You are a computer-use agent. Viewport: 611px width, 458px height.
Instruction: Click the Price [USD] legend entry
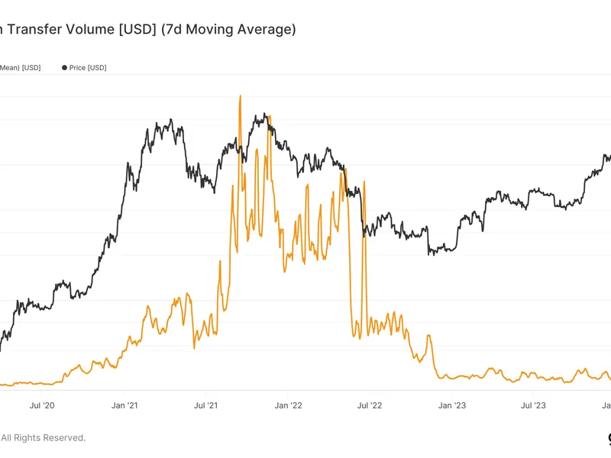click(x=87, y=68)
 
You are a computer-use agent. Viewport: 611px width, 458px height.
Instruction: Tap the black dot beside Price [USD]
click(x=64, y=68)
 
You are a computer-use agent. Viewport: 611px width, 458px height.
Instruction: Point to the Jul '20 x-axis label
click(x=41, y=405)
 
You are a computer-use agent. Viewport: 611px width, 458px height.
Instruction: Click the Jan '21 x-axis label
click(x=124, y=405)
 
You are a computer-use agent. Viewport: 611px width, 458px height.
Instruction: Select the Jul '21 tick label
click(x=205, y=405)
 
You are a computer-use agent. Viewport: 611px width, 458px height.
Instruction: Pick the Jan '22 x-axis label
click(x=288, y=405)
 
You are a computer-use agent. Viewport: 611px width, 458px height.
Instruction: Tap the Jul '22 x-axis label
click(x=369, y=405)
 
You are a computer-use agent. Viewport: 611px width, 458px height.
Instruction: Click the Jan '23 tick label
click(x=452, y=405)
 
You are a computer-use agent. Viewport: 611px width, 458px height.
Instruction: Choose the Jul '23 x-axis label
click(x=533, y=405)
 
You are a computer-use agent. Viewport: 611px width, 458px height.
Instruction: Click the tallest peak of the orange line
click(x=240, y=96)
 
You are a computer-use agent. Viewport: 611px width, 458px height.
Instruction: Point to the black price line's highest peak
click(x=264, y=115)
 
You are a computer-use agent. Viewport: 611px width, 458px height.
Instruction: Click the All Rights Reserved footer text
click(x=43, y=437)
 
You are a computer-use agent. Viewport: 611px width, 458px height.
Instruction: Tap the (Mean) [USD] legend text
click(x=20, y=68)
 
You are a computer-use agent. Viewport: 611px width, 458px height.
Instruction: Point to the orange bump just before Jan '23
click(x=429, y=336)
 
